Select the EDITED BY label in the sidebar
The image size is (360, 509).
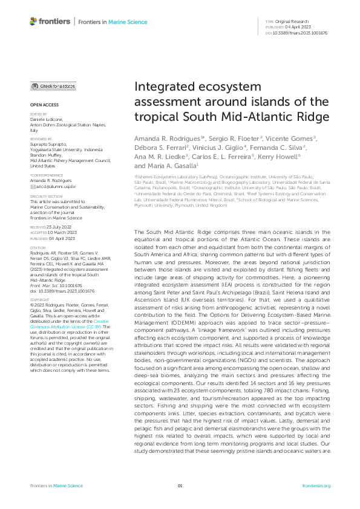point(38,114)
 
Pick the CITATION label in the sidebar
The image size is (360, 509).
point(38,230)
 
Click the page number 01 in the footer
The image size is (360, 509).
point(180,485)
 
